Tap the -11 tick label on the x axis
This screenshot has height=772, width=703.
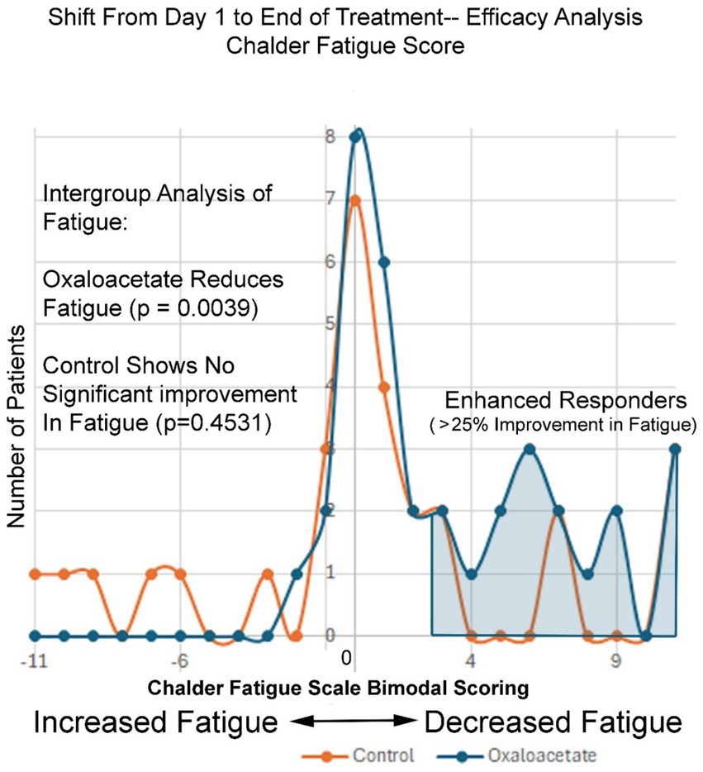(34, 662)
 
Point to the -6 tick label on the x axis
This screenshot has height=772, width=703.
(178, 662)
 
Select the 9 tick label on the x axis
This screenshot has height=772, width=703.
(615, 662)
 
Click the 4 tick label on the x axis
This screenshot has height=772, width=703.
(471, 662)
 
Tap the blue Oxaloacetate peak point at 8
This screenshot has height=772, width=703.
(355, 137)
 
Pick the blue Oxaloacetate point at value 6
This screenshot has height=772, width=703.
(384, 262)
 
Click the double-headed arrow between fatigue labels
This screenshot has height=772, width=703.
(351, 722)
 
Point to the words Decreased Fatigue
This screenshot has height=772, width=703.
(553, 722)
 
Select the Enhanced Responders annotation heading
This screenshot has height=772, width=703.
(566, 401)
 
